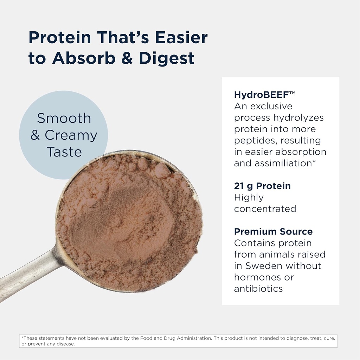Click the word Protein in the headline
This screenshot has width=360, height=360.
pos(59,38)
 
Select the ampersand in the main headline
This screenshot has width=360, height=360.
pos(127,58)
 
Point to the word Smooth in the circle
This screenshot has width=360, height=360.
pos(64,118)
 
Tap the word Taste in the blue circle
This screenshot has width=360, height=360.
pos(64,152)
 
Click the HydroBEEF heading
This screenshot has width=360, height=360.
pos(260,95)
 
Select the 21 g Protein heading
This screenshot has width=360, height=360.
pos(262,186)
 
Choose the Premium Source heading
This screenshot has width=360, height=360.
pos(273,232)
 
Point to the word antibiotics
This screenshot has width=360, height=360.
pos(258,289)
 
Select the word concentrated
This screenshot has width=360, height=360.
pos(265,209)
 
